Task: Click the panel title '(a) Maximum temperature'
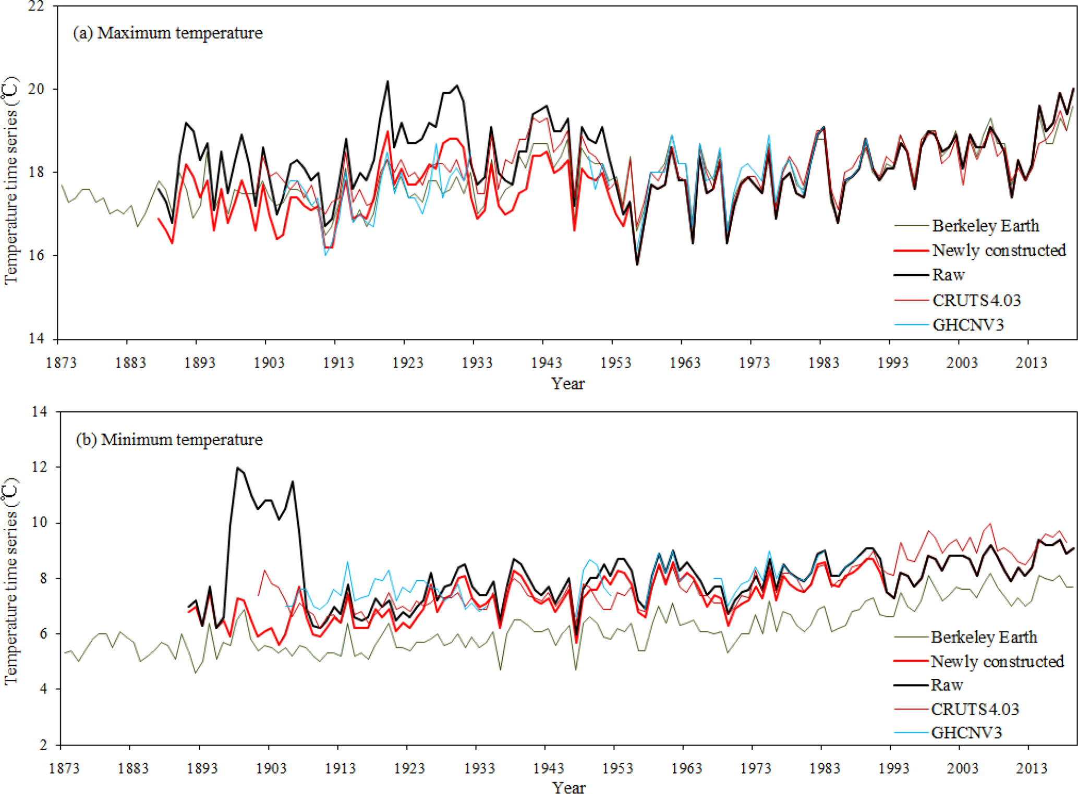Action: pyautogui.click(x=167, y=33)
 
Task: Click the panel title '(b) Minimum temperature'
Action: pyautogui.click(x=169, y=439)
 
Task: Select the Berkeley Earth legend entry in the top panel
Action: pyautogui.click(x=985, y=226)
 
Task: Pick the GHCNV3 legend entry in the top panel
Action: pyautogui.click(x=967, y=325)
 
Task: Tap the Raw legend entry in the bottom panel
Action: pyautogui.click(x=947, y=685)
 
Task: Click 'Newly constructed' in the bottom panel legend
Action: pyautogui.click(x=997, y=661)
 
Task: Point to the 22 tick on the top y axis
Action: pyautogui.click(x=36, y=6)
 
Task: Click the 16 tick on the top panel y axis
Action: pyautogui.click(x=36, y=255)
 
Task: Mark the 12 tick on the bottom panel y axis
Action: pyautogui.click(x=39, y=467)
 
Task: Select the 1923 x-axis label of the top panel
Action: pyautogui.click(x=408, y=363)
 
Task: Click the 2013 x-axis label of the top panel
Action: pyautogui.click(x=1031, y=363)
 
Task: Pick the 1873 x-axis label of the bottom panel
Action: pyautogui.click(x=64, y=768)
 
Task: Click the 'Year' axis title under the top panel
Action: pyautogui.click(x=568, y=384)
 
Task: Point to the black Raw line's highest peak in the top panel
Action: pyautogui.click(x=387, y=81)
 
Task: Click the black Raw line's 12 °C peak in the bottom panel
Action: pyautogui.click(x=238, y=467)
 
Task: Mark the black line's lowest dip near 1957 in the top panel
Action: pyautogui.click(x=637, y=264)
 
